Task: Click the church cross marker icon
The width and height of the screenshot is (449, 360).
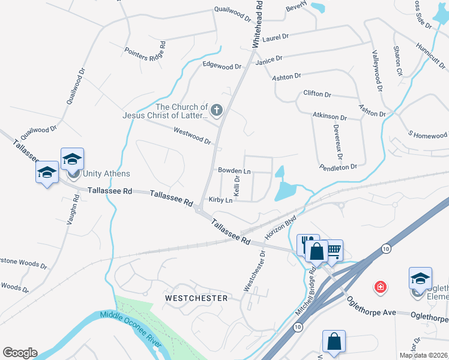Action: coord(217,110)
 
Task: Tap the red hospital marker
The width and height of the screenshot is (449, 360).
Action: coord(380,287)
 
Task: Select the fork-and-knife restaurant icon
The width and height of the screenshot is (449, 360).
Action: coord(308,244)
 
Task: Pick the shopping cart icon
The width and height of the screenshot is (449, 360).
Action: coord(333,249)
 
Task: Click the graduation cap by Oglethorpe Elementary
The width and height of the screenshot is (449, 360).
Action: coord(420,278)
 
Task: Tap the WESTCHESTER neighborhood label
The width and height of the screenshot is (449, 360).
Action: coord(196,298)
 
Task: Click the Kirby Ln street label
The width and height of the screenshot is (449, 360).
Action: coord(220,200)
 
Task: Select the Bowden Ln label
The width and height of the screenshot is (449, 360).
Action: coord(234,171)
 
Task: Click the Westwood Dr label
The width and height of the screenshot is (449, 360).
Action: coord(192,136)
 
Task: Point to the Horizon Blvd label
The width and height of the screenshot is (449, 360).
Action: coord(281,226)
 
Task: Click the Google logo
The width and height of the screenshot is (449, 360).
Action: coord(20,353)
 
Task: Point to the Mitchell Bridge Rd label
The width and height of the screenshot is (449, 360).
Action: coord(305,293)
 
